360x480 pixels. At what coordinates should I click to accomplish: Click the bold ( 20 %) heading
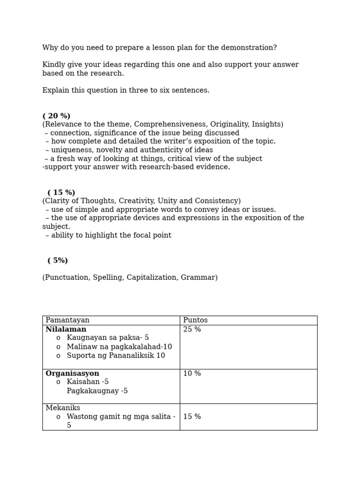[x=56, y=116]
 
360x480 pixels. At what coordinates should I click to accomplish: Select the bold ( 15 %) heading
[x=61, y=193]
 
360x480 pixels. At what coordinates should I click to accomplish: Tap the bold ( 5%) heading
[x=58, y=261]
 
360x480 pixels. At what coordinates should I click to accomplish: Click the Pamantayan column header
[x=67, y=320]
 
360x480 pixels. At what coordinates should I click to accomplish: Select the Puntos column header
[x=195, y=320]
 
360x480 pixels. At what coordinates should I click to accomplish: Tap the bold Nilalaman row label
[x=66, y=330]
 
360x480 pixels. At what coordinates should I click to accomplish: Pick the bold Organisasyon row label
[x=72, y=374]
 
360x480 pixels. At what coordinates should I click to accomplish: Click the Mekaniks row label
[x=63, y=408]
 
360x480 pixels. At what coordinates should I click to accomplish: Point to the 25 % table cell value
[x=192, y=330]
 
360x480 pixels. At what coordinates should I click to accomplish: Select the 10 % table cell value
[x=192, y=374]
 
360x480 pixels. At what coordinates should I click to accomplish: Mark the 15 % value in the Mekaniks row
[x=192, y=417]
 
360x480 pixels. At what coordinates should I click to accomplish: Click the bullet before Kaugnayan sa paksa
[x=58, y=338]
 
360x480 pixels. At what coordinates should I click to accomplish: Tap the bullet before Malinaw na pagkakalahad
[x=58, y=347]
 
